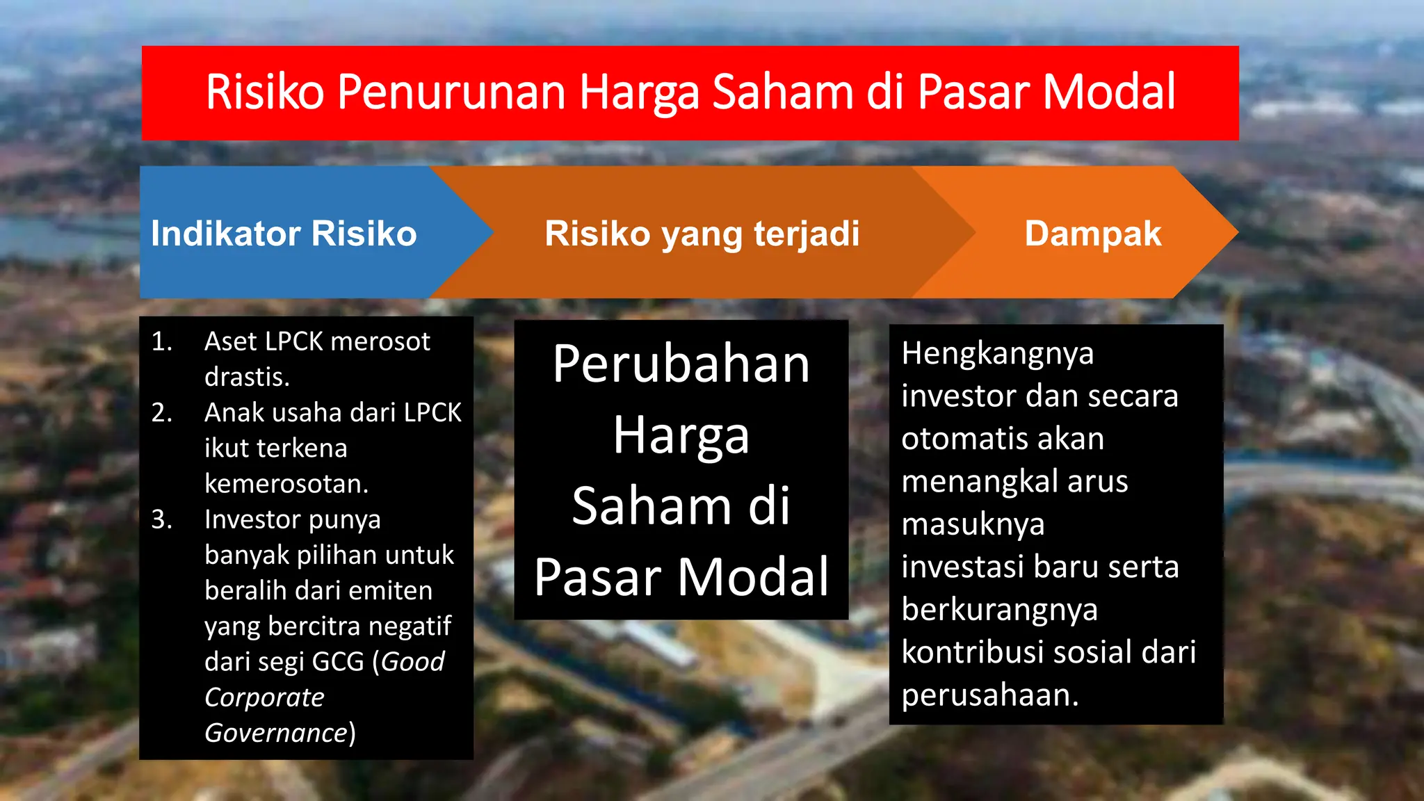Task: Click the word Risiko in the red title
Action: [265, 92]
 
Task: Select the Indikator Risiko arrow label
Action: [284, 234]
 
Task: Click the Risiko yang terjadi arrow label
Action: [702, 234]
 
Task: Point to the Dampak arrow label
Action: [1092, 234]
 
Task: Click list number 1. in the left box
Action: [161, 341]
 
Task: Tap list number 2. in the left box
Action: [161, 413]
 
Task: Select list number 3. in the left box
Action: [161, 519]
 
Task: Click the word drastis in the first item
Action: [246, 377]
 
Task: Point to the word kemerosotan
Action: [286, 484]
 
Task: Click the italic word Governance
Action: [275, 733]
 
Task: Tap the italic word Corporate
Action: [264, 697]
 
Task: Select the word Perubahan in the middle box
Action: [681, 364]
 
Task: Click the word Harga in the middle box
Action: [681, 436]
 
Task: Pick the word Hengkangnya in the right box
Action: [997, 354]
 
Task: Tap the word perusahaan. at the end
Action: [989, 695]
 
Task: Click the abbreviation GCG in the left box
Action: [338, 662]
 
